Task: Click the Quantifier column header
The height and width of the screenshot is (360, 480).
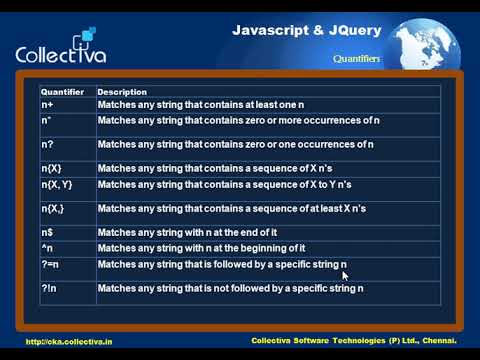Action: click(60, 91)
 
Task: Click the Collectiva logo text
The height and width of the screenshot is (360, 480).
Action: click(61, 54)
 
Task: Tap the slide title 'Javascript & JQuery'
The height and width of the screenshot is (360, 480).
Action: click(306, 30)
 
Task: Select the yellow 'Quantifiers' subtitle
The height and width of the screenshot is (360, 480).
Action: click(357, 59)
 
